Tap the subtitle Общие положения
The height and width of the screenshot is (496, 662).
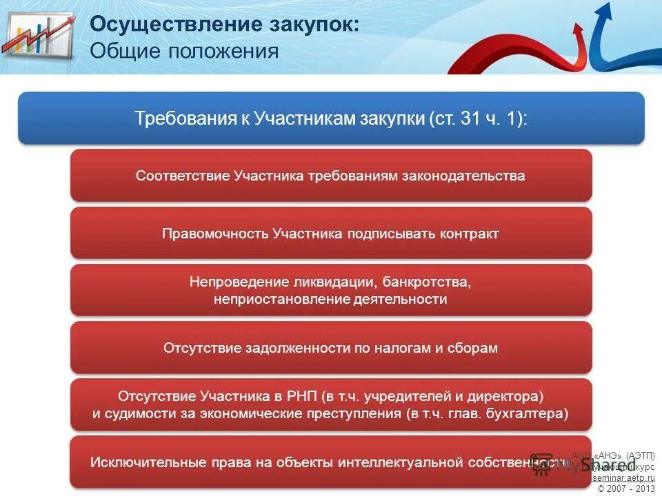(x=184, y=52)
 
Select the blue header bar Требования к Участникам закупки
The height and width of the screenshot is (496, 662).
(x=331, y=118)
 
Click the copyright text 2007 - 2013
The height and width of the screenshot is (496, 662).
(x=631, y=488)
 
